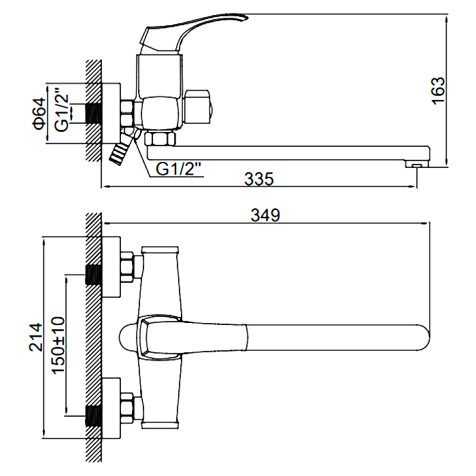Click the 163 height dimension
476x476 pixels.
(439, 90)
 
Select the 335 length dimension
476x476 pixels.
(258, 180)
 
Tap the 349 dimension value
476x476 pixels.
(265, 216)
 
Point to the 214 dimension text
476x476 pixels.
(37, 337)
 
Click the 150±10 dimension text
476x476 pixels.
(58, 345)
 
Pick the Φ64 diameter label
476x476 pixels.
(39, 113)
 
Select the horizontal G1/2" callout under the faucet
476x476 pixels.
(180, 168)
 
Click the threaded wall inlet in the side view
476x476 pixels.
(93, 113)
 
